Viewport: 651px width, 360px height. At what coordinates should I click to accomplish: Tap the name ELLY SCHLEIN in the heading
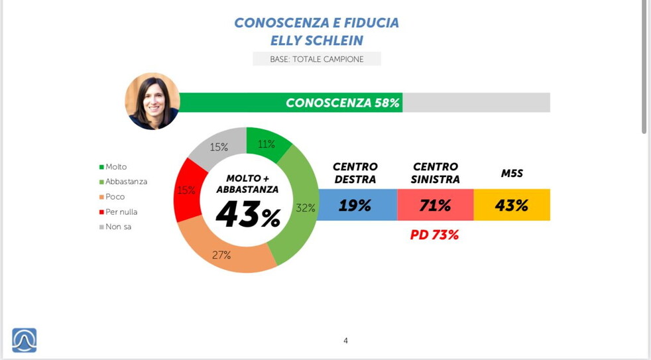point(317,40)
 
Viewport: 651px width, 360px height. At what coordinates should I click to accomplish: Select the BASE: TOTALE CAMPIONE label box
point(317,59)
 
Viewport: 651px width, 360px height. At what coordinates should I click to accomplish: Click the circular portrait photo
point(152,101)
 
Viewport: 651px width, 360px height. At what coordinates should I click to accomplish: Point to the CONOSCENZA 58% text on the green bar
point(342,103)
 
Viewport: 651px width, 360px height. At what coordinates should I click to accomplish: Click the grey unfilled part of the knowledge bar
point(476,103)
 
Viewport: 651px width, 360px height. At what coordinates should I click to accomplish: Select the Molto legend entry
point(115,167)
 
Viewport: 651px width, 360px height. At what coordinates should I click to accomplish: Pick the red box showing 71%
point(435,206)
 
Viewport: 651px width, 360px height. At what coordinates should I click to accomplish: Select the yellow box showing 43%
point(512,206)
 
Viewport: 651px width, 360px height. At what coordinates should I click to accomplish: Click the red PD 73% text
point(435,235)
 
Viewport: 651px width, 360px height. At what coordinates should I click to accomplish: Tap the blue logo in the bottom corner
point(25,340)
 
